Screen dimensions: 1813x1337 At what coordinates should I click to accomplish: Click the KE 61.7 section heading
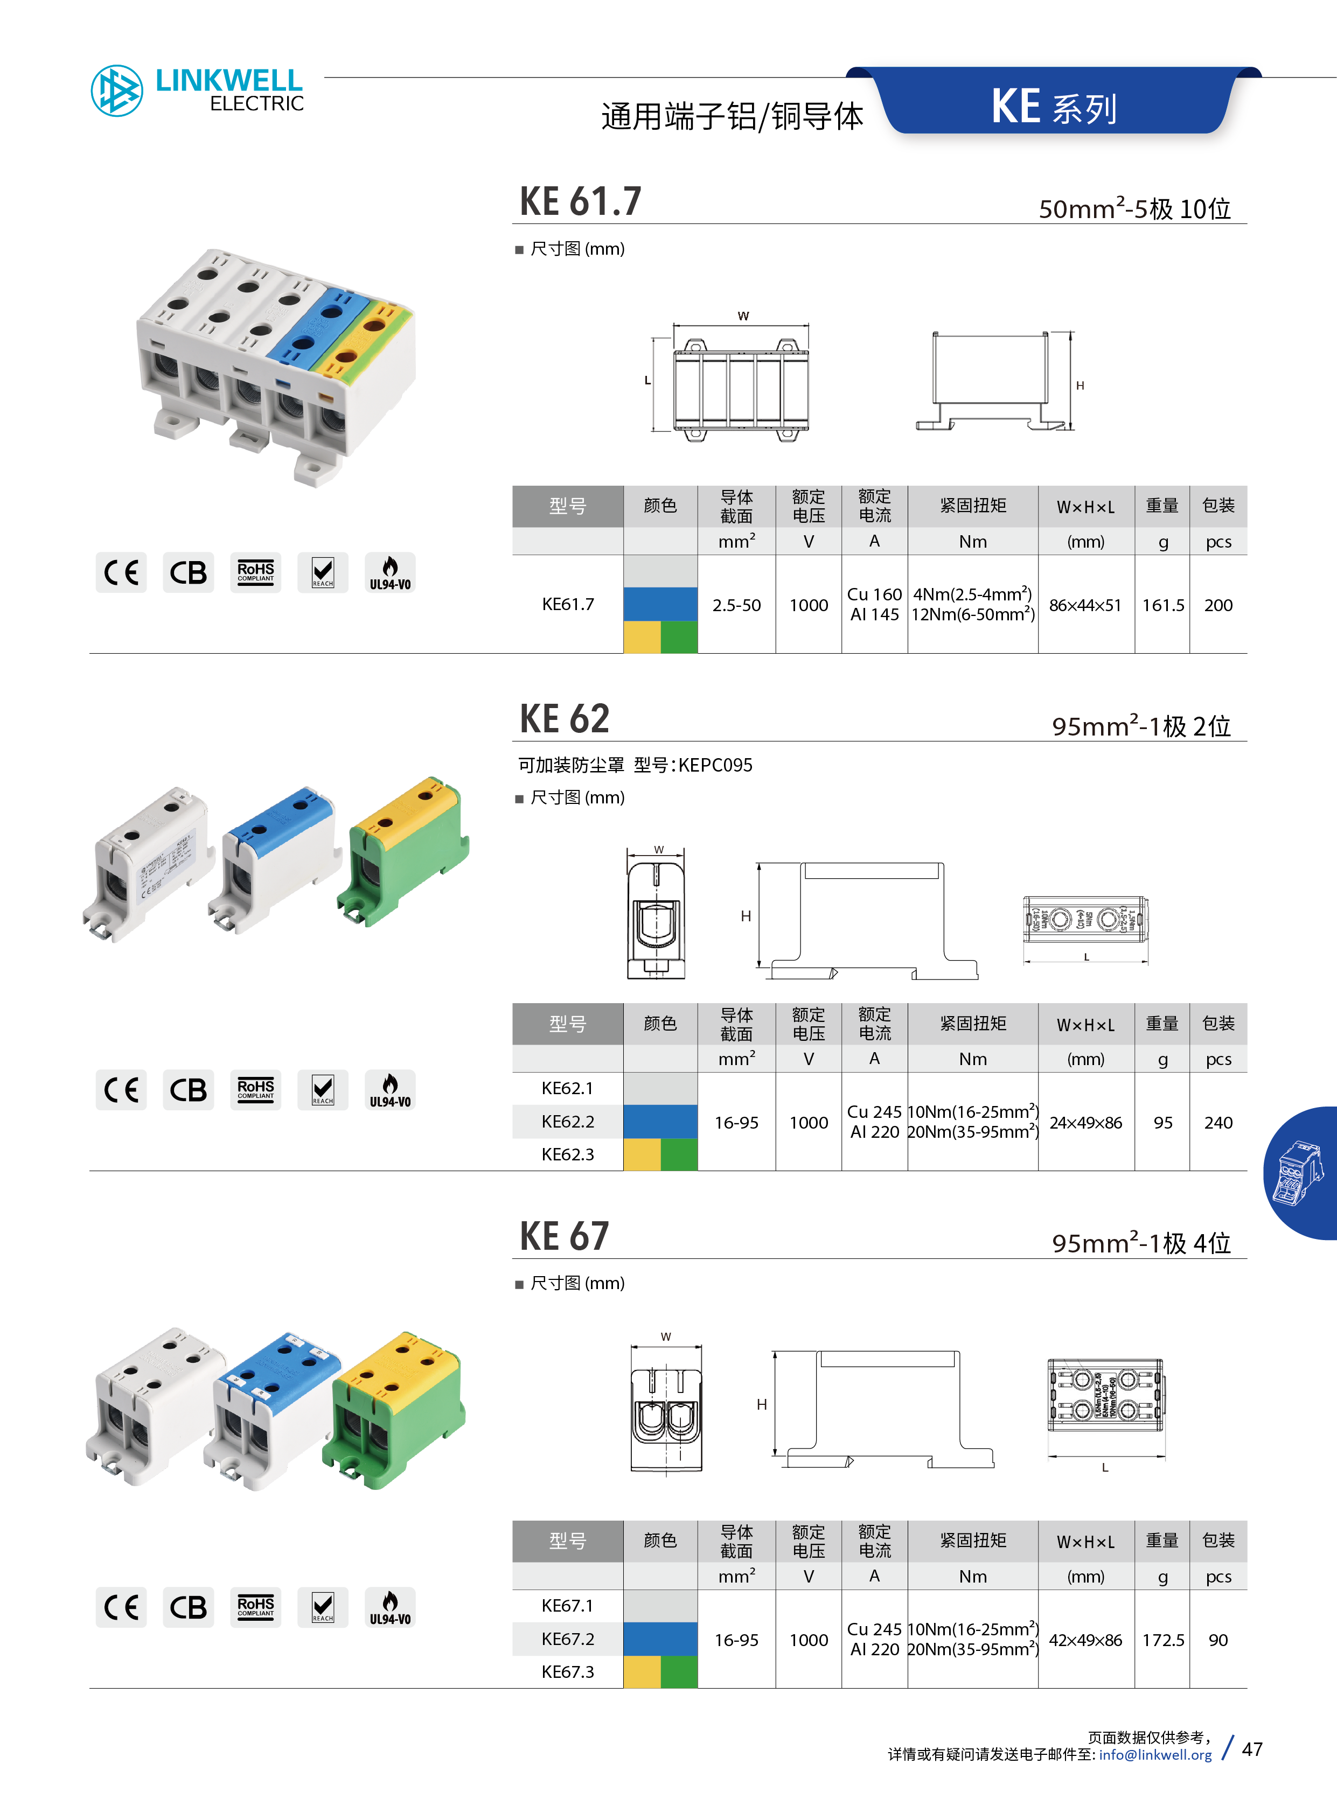580,201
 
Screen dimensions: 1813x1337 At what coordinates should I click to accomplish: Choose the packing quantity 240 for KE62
1217,1122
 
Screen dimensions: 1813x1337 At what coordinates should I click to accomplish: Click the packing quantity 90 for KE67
1217,1640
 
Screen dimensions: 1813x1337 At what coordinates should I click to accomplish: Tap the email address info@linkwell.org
1155,1755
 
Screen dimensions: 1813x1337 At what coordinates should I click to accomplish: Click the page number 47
1252,1749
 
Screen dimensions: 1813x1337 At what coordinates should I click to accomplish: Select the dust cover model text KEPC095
715,765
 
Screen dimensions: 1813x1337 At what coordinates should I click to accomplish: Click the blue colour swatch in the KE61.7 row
660,604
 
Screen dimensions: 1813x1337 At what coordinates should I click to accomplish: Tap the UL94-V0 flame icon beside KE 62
390,1090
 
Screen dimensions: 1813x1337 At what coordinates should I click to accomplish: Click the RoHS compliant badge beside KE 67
256,1607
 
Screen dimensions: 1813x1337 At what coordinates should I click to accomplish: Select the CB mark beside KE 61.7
188,573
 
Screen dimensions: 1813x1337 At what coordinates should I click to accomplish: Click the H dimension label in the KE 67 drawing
762,1404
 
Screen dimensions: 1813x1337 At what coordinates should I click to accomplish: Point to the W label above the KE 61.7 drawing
743,316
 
